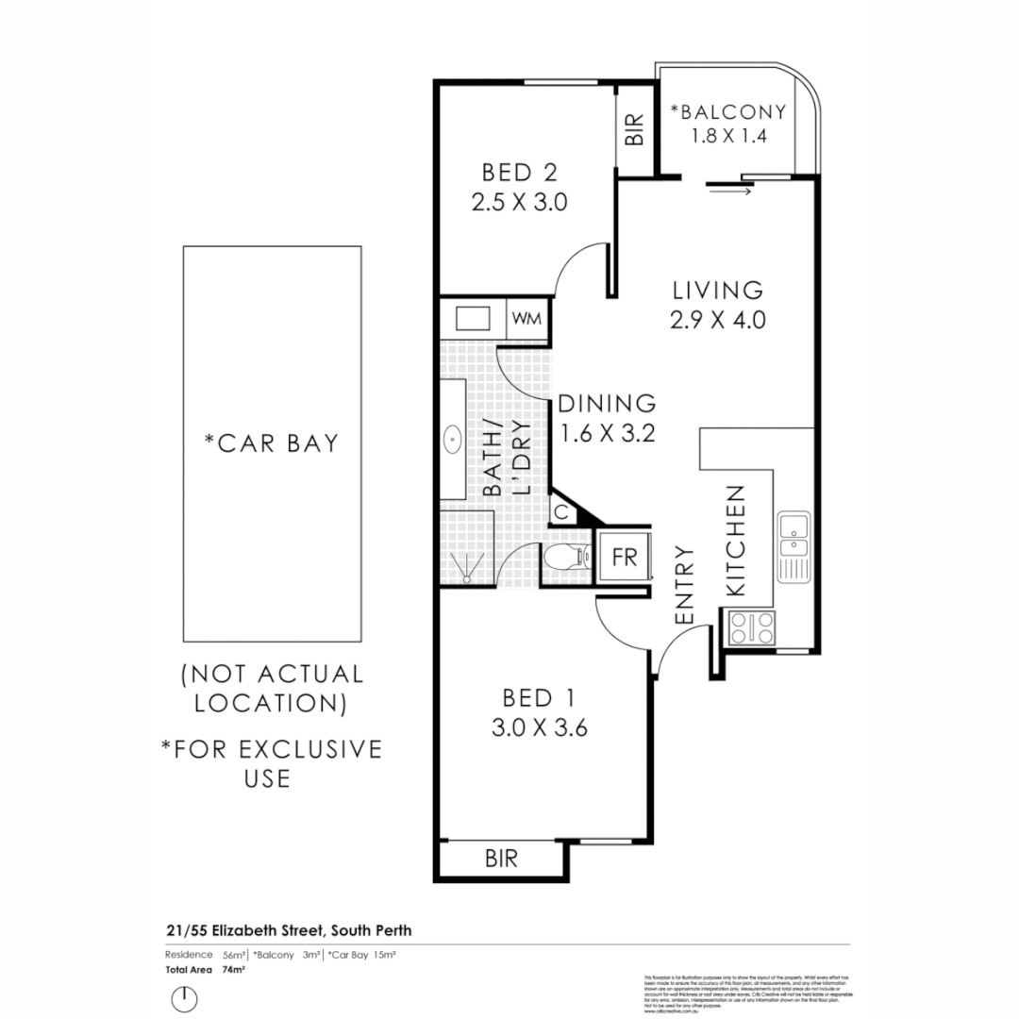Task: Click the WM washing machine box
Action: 527,318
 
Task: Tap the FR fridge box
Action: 624,556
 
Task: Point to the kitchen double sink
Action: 793,535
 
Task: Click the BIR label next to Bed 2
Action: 635,129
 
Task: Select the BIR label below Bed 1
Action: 501,859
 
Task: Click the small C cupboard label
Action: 560,513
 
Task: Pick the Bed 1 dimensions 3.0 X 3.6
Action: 540,728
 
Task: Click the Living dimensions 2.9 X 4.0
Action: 717,320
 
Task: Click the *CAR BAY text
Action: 272,443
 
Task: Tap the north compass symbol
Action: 186,997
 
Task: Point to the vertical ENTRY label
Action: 686,585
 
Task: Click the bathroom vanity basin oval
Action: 453,439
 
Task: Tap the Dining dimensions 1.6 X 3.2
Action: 607,434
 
